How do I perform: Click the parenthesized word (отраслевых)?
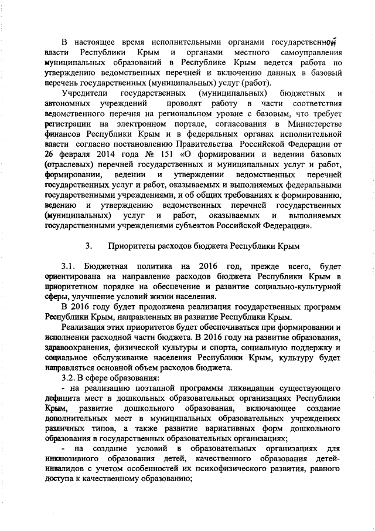coord(70,174)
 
